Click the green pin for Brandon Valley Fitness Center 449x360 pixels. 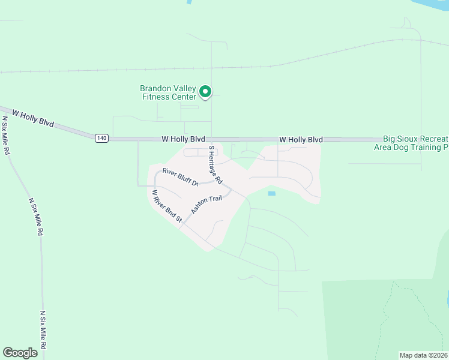tap(205, 92)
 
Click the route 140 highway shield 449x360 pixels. tap(101, 138)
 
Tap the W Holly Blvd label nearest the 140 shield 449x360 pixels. tap(183, 139)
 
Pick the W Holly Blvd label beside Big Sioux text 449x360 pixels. tap(301, 139)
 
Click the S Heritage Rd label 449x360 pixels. tap(215, 164)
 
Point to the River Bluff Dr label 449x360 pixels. tap(180, 178)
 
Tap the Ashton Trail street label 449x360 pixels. tap(206, 204)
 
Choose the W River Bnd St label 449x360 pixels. tap(166, 206)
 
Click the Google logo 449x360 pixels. tap(20, 353)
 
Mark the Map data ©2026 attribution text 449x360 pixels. tap(424, 355)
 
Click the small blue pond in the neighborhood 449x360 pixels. tap(271, 193)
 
